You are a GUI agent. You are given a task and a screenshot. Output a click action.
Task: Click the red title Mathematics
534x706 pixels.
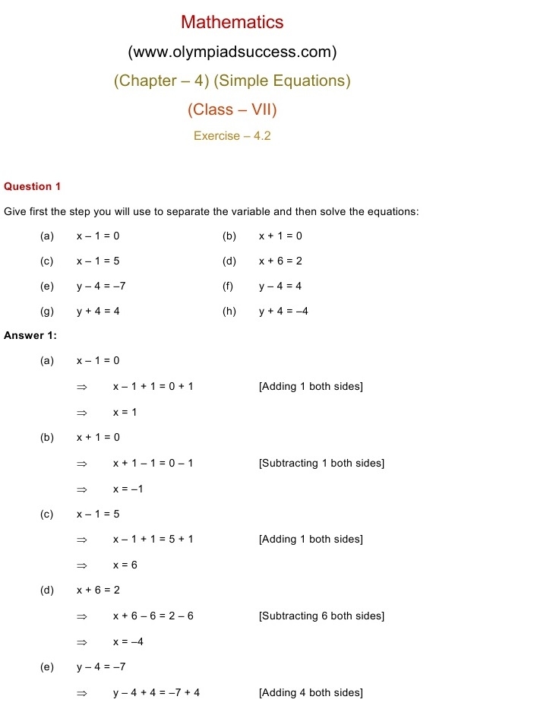point(232,23)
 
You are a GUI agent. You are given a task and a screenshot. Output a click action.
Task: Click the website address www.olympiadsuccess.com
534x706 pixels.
point(232,52)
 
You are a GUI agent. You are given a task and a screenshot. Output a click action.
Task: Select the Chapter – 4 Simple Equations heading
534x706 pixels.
point(232,81)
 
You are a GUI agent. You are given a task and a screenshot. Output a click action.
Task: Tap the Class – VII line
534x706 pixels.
point(232,109)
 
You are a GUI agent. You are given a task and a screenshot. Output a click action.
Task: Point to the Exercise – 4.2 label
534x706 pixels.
point(232,136)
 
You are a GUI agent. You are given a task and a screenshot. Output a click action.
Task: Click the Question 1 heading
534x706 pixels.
point(32,186)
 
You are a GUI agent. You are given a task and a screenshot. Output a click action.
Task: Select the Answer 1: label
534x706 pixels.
point(30,335)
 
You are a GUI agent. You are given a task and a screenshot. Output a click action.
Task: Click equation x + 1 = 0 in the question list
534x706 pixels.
point(280,236)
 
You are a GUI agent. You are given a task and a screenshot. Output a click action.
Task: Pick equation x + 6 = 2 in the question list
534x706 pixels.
point(280,261)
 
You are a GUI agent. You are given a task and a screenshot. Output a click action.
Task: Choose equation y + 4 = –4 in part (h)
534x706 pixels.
point(283,311)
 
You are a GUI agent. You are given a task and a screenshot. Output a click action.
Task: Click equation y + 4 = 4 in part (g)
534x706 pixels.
point(98,311)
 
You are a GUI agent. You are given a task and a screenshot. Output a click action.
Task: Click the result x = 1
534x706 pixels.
point(125,412)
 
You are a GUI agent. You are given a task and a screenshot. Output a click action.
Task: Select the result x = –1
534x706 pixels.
point(128,489)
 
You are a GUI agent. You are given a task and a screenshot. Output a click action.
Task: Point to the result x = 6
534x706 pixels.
point(125,565)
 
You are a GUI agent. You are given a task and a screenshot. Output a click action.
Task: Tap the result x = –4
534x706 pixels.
point(128,641)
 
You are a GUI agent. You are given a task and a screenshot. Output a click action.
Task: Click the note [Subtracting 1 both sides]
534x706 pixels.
point(321,463)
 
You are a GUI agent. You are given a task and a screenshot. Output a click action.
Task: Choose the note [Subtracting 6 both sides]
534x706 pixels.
point(321,616)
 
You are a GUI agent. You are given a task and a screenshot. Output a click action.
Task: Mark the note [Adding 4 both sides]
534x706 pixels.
point(311,692)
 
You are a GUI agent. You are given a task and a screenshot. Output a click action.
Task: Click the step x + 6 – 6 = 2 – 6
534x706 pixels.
point(153,616)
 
